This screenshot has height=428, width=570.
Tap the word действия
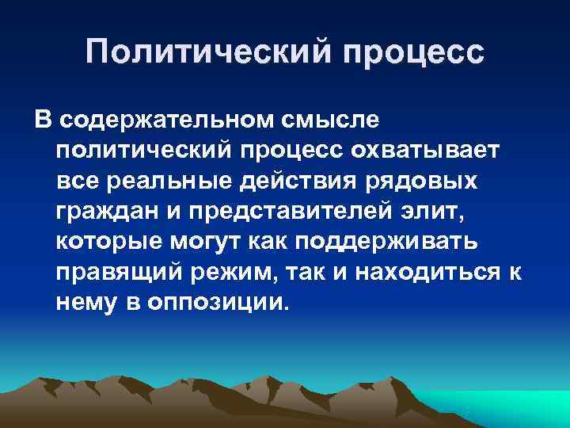click(x=286, y=182)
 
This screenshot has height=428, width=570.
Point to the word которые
click(x=105, y=243)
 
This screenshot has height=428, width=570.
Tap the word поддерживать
click(x=396, y=243)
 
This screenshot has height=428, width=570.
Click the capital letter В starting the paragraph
click(x=41, y=120)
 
